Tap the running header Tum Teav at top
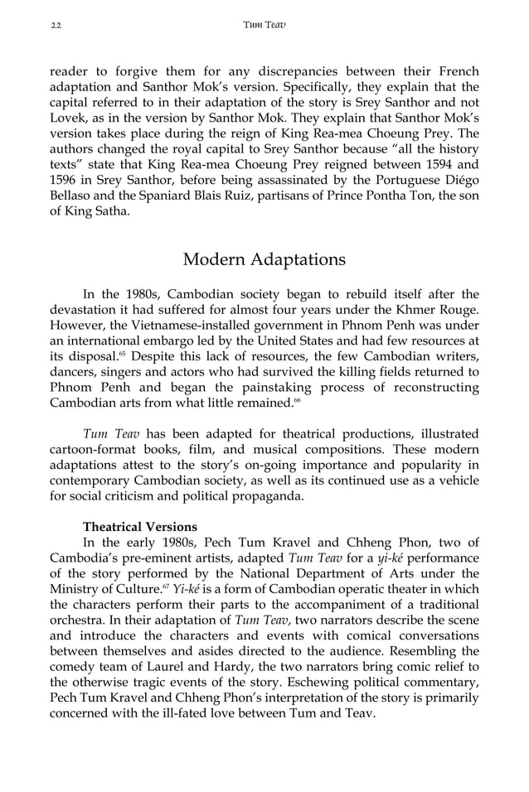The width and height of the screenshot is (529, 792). pyautogui.click(x=264, y=25)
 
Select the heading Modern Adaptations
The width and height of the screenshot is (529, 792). pyautogui.click(x=264, y=259)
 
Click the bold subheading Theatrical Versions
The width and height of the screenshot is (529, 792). pyautogui.click(x=140, y=527)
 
